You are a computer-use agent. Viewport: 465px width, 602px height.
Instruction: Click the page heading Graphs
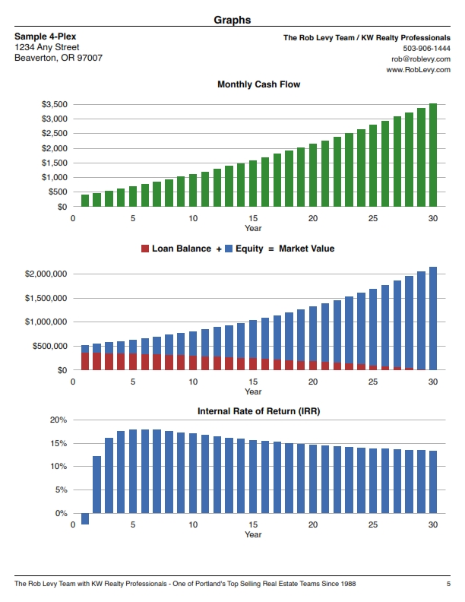click(232, 20)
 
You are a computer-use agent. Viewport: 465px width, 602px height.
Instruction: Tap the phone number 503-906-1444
click(426, 49)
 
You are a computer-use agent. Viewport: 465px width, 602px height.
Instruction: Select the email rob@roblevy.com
click(420, 59)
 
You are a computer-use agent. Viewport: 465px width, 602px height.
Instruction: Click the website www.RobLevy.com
click(418, 70)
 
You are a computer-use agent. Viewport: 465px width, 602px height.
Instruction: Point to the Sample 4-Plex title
click(46, 36)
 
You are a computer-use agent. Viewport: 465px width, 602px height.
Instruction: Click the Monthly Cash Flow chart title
click(258, 84)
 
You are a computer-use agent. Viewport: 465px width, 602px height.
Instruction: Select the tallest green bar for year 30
click(433, 155)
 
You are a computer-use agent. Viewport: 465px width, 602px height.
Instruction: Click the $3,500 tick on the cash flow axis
click(55, 104)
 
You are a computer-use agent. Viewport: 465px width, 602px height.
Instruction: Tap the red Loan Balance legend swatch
click(145, 249)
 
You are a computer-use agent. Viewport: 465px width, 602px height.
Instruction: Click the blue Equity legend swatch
click(229, 249)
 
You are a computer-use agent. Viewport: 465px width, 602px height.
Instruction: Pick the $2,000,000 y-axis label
click(46, 274)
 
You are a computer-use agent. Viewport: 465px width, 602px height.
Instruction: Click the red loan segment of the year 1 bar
click(85, 361)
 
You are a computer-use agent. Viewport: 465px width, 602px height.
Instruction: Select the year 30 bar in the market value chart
click(433, 318)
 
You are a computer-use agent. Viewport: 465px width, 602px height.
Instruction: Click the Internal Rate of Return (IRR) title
click(258, 411)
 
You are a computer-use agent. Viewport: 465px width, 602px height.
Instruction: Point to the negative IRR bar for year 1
click(85, 518)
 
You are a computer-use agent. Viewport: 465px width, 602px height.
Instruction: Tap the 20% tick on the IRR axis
click(59, 420)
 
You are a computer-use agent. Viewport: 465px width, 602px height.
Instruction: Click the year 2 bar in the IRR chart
click(97, 485)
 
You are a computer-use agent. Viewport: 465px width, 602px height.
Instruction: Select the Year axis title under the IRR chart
click(253, 534)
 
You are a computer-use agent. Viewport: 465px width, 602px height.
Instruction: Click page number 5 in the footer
click(448, 584)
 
